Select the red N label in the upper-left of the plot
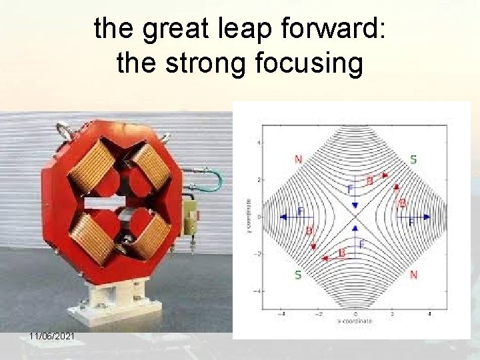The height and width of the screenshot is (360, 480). click(298, 159)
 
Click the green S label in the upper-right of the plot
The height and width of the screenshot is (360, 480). click(413, 159)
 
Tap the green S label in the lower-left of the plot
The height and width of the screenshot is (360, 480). click(297, 275)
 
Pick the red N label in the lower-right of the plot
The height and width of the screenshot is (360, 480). click(413, 275)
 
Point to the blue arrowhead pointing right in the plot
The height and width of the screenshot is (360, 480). click(426, 217)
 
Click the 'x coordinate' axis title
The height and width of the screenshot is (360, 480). click(355, 321)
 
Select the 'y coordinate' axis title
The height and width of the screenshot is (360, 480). click(249, 217)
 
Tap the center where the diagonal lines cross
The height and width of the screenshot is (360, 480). click(355, 217)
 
